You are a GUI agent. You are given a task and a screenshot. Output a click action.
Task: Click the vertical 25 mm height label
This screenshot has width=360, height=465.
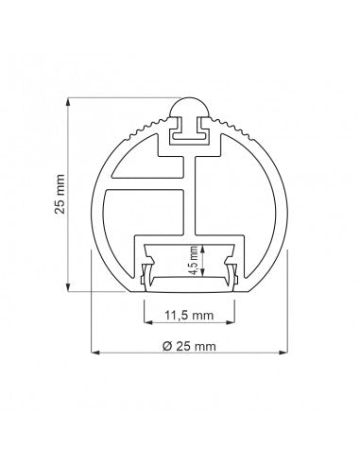coord(60,194)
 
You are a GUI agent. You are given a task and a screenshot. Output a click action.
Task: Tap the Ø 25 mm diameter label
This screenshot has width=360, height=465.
coord(189,346)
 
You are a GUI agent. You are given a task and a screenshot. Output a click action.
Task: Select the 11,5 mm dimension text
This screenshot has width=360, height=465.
coord(189,315)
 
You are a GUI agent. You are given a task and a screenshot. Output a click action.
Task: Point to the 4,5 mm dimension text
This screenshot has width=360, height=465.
coord(195,261)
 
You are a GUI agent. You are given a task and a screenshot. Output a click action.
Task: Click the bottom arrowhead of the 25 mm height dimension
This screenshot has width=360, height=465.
coord(68,287)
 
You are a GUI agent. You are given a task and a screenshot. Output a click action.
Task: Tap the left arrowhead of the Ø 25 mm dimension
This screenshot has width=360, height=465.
coord(95,353)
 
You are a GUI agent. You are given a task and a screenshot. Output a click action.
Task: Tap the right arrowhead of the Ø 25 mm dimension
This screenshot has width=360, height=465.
coord(283,353)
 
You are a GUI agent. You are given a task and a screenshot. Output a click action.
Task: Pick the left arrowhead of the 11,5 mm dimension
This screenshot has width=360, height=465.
coord(148,322)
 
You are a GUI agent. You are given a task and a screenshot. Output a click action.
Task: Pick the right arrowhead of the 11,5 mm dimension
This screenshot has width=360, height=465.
coord(231,322)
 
